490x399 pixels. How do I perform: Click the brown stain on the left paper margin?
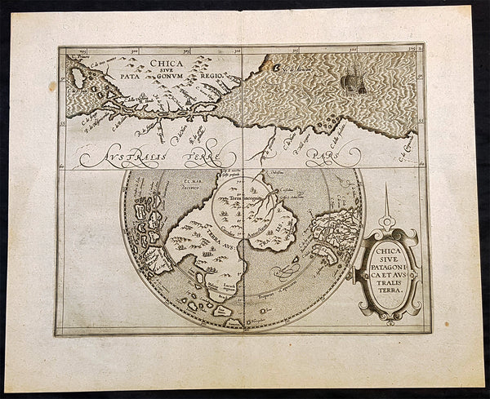(x=53, y=85)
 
